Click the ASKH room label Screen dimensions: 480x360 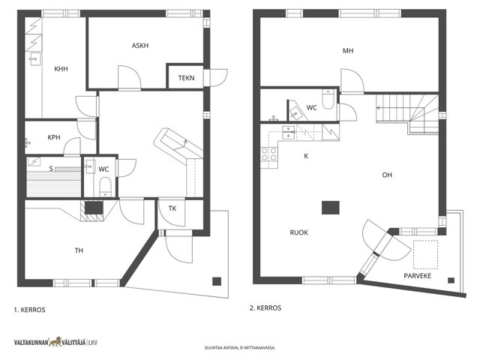coord(140,46)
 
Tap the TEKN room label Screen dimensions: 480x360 coord(186,78)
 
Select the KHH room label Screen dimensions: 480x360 coord(61,69)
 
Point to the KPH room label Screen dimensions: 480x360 coord(54,137)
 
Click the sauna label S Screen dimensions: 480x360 coord(51,168)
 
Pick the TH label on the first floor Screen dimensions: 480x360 coord(79,250)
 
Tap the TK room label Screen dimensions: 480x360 coord(172,208)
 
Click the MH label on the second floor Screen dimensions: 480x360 coord(348,51)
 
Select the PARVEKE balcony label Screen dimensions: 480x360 coord(417,276)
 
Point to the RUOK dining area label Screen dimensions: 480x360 coord(298,232)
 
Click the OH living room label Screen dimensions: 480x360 coord(387,175)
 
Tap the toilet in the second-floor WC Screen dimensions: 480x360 coord(328,100)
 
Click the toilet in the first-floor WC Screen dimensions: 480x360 coord(105,187)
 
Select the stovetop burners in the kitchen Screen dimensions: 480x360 coord(268,154)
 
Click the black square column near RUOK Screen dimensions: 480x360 coord(331,208)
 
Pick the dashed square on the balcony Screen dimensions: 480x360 coord(425,255)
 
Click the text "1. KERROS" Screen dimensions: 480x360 coord(30,310)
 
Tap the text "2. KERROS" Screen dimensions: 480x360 coord(265,308)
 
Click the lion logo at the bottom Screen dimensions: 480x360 coord(55,342)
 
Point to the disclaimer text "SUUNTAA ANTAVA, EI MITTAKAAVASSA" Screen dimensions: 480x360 coord(240,348)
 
